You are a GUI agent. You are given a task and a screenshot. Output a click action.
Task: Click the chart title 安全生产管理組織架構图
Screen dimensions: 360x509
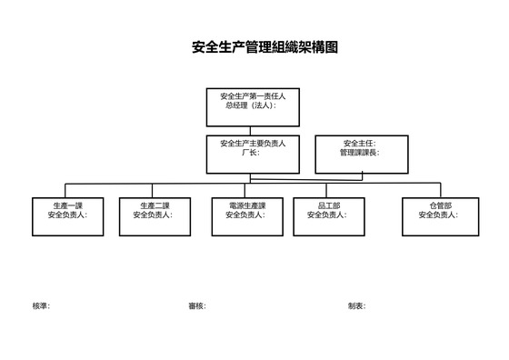(x=265, y=47)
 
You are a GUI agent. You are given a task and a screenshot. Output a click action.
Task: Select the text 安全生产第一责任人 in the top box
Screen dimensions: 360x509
(x=253, y=95)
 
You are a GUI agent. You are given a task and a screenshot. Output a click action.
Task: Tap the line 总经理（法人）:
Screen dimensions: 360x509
(x=250, y=105)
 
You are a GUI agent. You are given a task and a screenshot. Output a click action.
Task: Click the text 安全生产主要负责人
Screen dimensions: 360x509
(x=253, y=144)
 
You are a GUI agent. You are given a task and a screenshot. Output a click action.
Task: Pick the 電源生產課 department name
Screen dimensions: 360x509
(x=247, y=205)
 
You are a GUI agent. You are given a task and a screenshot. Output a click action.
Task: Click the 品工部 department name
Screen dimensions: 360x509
(x=328, y=205)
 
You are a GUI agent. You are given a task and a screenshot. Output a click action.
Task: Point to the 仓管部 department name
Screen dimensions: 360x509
(x=440, y=205)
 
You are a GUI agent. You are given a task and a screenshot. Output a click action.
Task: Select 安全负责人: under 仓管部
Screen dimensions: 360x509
(x=439, y=215)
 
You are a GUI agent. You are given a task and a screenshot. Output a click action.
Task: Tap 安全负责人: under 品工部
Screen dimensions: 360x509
(x=328, y=215)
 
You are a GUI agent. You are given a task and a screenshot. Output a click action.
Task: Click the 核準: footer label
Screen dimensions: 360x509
(x=41, y=306)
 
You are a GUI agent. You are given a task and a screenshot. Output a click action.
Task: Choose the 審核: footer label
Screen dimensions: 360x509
(x=197, y=306)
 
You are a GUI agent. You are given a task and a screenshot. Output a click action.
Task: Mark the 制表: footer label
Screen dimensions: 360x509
(x=356, y=306)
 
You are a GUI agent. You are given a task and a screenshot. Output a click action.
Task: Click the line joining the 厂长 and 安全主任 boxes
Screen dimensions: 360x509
(x=307, y=154)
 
